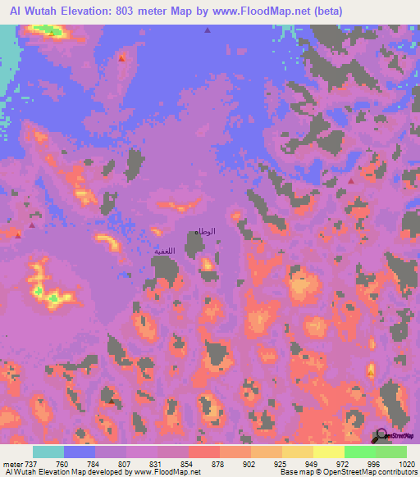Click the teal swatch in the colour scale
tap(48, 451)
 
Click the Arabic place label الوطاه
tap(204, 232)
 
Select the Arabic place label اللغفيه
tap(165, 251)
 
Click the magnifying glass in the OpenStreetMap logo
tap(381, 434)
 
